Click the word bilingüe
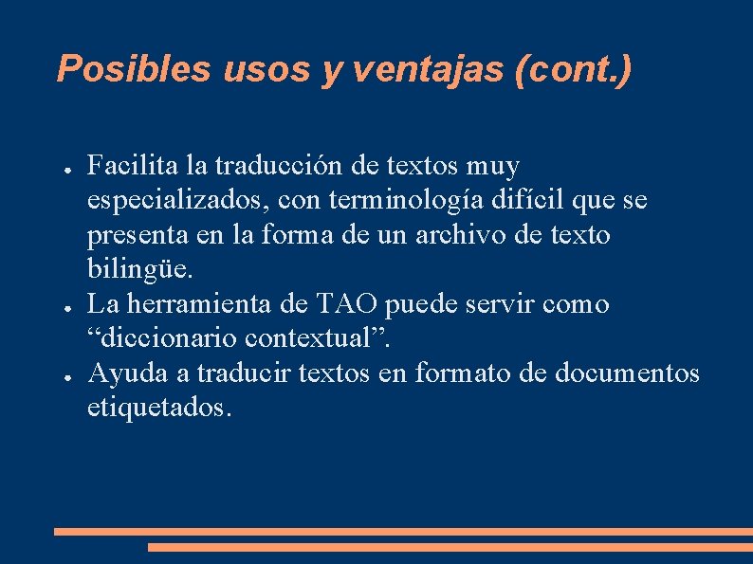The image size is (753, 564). pos(139,270)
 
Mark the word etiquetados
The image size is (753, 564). pos(158,408)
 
